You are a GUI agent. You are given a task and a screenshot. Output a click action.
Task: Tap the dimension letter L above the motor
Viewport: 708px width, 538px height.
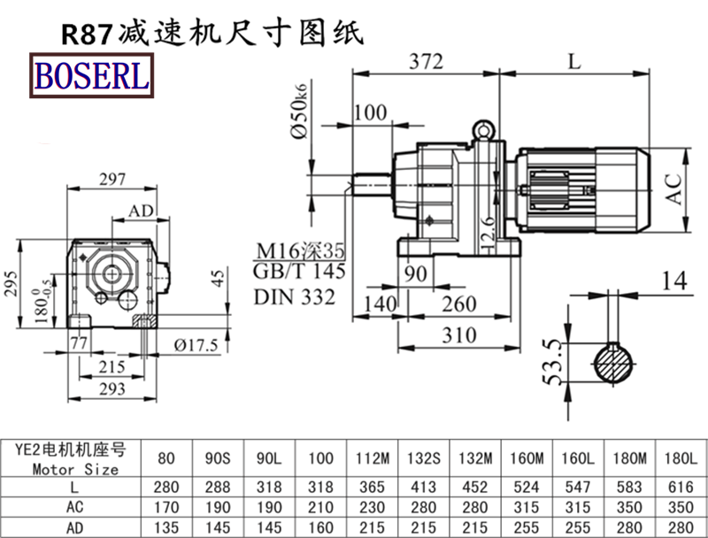[x=574, y=62]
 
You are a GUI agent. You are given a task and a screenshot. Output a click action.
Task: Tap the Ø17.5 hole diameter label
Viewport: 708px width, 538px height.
[x=196, y=345]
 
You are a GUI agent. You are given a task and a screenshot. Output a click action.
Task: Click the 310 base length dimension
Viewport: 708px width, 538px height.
[x=457, y=335]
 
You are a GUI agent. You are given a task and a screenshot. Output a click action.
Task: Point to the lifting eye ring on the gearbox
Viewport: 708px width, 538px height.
[x=483, y=130]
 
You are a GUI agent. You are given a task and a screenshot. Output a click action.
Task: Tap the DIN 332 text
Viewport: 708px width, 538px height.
[x=294, y=297]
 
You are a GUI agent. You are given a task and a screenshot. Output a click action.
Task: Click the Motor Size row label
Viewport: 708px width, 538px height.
[x=75, y=469]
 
